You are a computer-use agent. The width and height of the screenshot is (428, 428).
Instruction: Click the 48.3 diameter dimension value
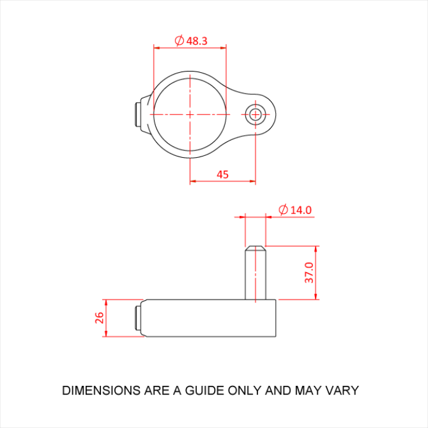tap(197, 41)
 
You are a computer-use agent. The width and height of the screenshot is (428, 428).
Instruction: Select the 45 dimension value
tap(223, 174)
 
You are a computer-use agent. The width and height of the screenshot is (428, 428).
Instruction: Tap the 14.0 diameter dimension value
tap(301, 210)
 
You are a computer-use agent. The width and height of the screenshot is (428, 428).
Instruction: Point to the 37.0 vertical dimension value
tap(309, 273)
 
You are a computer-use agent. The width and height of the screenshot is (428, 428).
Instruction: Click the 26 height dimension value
tap(100, 317)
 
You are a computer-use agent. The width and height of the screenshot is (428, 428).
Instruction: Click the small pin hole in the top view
tap(255, 114)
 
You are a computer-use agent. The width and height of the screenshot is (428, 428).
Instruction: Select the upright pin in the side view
tap(255, 275)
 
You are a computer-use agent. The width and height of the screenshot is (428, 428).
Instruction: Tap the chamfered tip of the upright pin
tap(255, 248)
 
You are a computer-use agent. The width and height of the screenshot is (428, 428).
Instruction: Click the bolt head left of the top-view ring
tap(137, 114)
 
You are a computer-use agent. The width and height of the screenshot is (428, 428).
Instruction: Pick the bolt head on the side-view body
tap(138, 318)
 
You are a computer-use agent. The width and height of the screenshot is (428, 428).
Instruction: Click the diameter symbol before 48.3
tap(179, 41)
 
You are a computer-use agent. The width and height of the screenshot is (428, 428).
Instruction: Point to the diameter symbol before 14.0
tap(283, 210)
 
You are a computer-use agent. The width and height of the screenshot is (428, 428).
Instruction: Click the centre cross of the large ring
tap(190, 114)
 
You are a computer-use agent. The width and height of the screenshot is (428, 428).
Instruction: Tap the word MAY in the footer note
tap(310, 390)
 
